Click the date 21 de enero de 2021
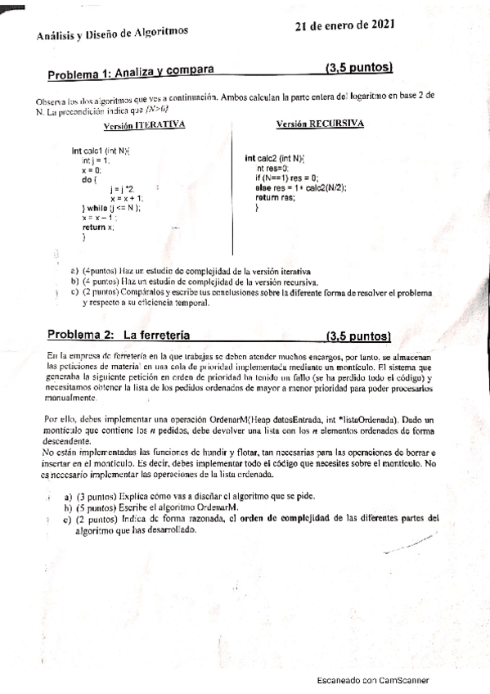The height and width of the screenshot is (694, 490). (x=346, y=25)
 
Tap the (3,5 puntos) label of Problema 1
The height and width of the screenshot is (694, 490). (x=358, y=66)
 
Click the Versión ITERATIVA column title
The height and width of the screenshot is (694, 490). (x=144, y=125)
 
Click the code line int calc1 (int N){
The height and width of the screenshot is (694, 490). (x=102, y=151)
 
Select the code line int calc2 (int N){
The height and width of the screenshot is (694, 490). (x=275, y=158)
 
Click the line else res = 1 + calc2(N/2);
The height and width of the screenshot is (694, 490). (x=300, y=187)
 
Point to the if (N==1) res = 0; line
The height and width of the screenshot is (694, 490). (x=287, y=178)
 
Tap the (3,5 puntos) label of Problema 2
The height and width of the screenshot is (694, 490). (x=357, y=336)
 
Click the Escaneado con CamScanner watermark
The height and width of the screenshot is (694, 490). (x=372, y=680)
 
